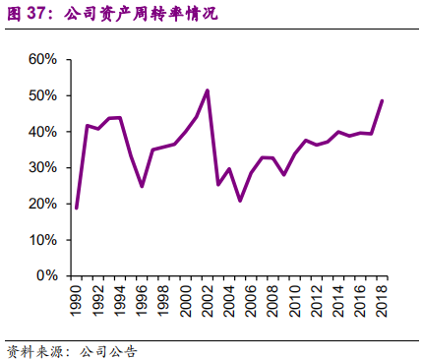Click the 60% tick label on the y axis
[x=44, y=60]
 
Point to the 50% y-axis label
[x=44, y=95]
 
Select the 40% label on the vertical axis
[x=44, y=132]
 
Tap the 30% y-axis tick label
[x=44, y=168]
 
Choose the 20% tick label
[x=44, y=204]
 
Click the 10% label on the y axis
[x=44, y=240]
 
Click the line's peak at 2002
[x=208, y=90]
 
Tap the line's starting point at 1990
[x=77, y=208]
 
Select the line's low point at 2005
[x=240, y=201]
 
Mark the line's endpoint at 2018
[x=382, y=100]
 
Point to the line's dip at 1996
[x=142, y=186]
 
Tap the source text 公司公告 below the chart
[x=107, y=350]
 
